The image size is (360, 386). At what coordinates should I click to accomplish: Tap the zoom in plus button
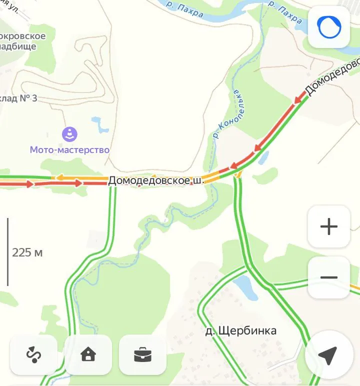click(x=328, y=226)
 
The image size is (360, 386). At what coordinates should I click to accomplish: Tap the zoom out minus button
click(x=328, y=277)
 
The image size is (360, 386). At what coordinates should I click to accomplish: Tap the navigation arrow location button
click(x=327, y=356)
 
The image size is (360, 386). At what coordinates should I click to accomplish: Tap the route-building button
click(x=33, y=354)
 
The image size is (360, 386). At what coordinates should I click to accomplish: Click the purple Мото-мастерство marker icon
click(x=69, y=134)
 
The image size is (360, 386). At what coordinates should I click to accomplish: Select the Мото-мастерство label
click(x=69, y=149)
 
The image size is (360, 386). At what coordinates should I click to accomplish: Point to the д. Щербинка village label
click(x=241, y=330)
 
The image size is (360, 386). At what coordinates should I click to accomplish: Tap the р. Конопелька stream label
click(x=227, y=114)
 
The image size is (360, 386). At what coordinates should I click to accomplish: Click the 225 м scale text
click(x=27, y=252)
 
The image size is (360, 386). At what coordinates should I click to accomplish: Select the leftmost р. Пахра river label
click(x=184, y=8)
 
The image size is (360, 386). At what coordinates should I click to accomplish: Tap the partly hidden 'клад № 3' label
click(x=18, y=98)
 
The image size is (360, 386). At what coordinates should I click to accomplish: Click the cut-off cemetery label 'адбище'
click(x=18, y=46)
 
